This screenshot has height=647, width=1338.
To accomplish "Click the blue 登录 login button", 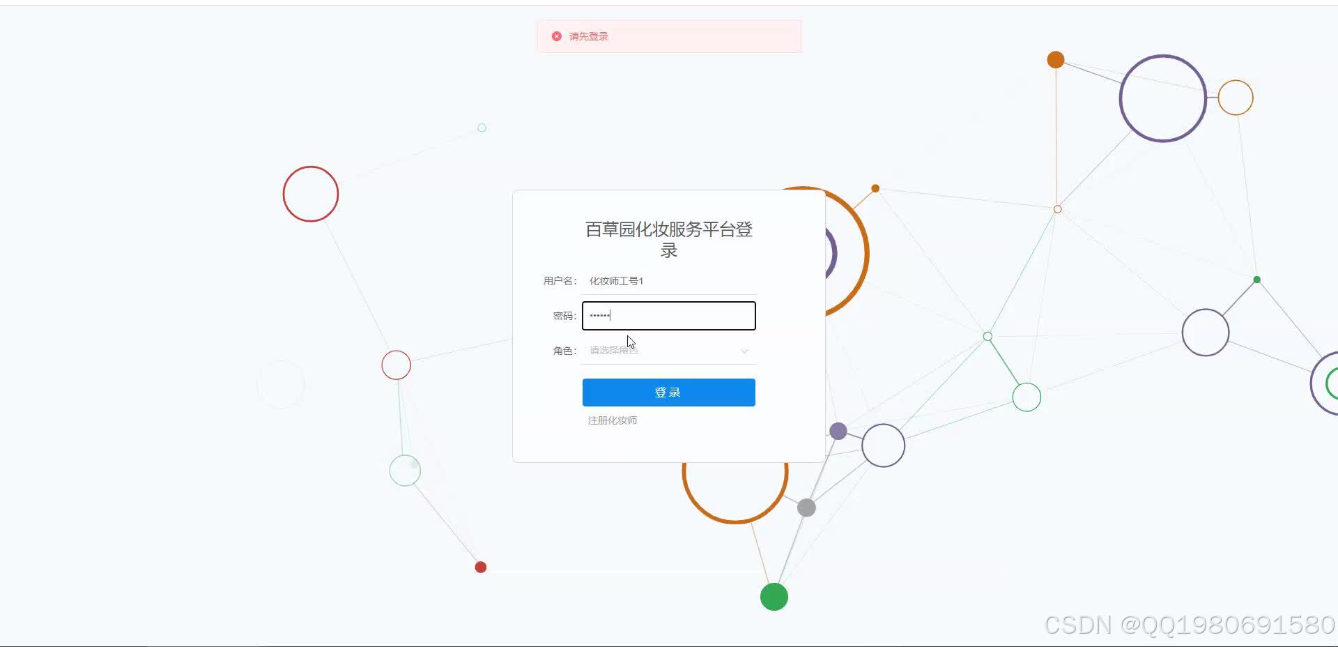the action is [x=668, y=393].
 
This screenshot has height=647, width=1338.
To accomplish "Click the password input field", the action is [x=668, y=316].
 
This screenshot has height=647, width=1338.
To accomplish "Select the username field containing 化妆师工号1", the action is [x=668, y=281].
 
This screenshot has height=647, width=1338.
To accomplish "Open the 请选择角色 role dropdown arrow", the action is [x=744, y=351].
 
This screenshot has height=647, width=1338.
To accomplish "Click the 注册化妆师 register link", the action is [x=612, y=420].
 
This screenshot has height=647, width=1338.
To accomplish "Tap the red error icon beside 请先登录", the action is [x=557, y=36].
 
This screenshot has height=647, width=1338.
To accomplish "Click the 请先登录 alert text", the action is [x=589, y=36].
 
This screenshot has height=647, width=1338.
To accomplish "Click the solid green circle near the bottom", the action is [x=774, y=597].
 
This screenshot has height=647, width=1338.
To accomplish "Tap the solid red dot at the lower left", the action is [x=481, y=568].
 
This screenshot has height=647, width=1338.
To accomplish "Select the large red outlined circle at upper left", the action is [x=311, y=194].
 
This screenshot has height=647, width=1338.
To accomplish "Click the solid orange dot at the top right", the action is [x=1056, y=60].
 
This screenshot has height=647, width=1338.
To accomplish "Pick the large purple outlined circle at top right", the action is [x=1162, y=98].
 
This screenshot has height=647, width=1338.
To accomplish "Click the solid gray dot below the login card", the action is [x=806, y=508].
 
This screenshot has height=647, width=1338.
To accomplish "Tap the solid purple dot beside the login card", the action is [x=838, y=431].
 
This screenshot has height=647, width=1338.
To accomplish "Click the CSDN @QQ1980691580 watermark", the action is [x=1189, y=625].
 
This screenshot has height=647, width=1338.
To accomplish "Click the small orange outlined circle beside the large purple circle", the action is [x=1236, y=98].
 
